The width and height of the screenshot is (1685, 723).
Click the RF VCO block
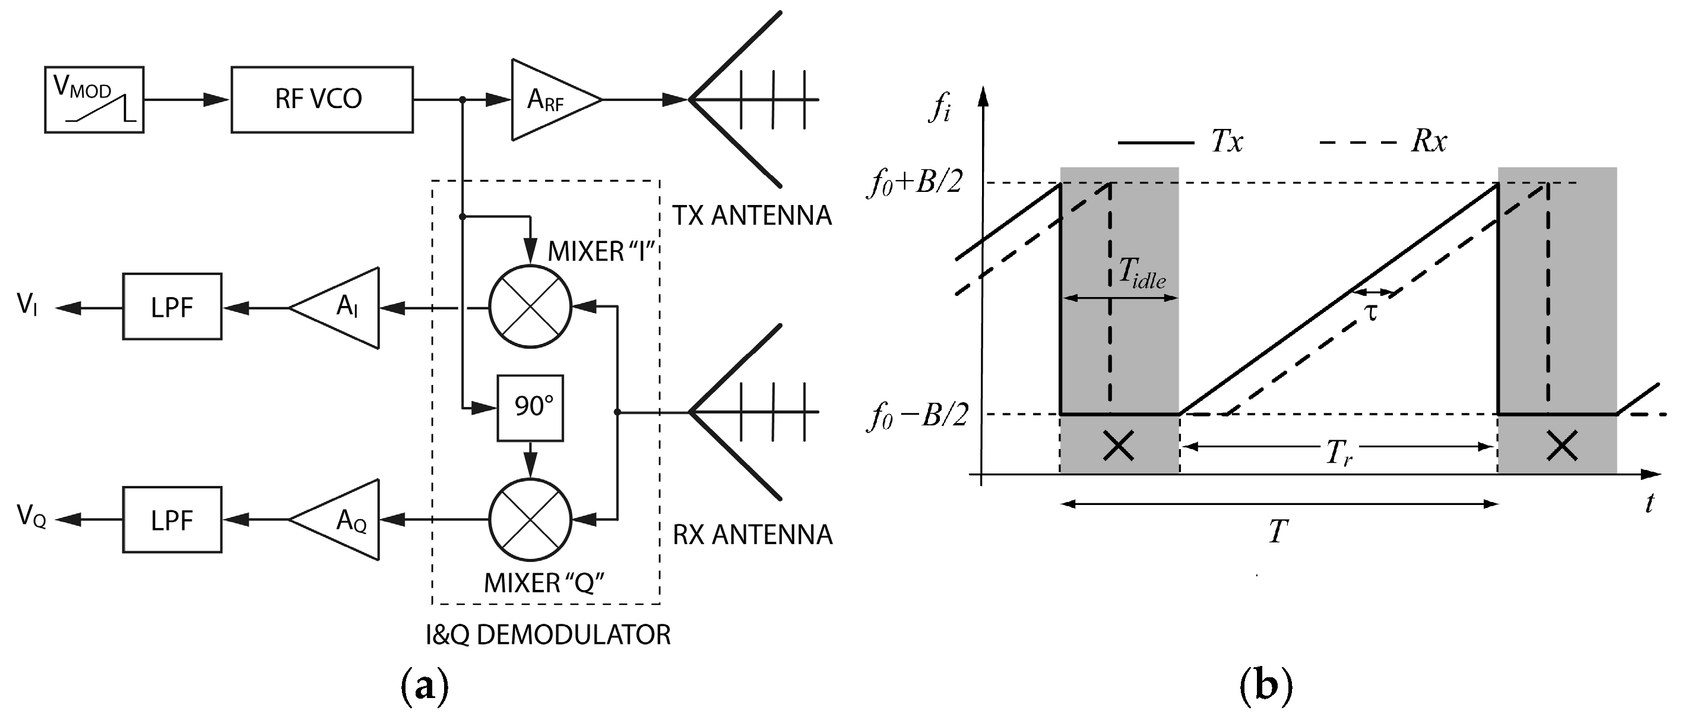point(322,99)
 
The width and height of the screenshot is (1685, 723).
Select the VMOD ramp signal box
point(94,99)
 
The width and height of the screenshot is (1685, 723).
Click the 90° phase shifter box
point(530,408)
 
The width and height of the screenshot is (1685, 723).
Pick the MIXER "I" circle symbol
point(530,306)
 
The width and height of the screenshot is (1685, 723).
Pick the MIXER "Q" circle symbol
point(530,520)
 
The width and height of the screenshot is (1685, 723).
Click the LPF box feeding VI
point(172,307)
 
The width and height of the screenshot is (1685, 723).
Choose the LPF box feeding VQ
point(172,520)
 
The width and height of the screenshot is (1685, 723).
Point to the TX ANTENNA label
point(752,215)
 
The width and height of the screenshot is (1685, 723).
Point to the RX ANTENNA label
point(752,535)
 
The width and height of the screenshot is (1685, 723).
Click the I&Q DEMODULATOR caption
point(548,634)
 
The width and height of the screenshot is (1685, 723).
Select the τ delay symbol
point(1371,312)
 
